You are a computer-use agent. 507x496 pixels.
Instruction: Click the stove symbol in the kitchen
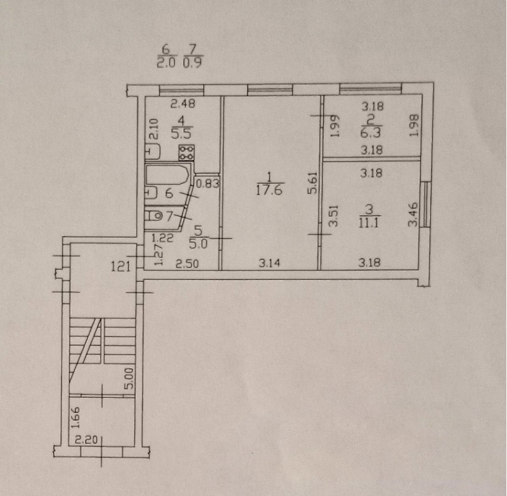[x=186, y=152]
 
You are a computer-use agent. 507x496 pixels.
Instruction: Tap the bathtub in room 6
[x=167, y=175]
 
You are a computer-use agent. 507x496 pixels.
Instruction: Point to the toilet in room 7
[x=153, y=215]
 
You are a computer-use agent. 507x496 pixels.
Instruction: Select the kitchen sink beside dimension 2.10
[x=153, y=152]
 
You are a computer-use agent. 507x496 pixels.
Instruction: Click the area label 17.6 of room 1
[x=269, y=190]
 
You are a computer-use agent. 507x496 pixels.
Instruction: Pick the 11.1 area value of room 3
[x=369, y=222]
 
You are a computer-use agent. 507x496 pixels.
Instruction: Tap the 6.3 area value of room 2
[x=371, y=132]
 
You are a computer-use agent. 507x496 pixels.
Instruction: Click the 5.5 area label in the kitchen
[x=181, y=133]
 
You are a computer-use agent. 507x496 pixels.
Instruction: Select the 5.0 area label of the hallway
[x=198, y=244]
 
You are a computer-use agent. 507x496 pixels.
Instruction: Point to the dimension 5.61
[x=312, y=183]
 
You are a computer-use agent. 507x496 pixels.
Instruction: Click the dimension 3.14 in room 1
[x=269, y=263]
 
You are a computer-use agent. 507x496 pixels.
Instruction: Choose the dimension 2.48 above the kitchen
[x=183, y=104]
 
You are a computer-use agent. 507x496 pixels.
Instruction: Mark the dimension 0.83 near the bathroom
[x=208, y=183]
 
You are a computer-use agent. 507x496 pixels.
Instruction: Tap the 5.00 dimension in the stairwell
[x=129, y=378]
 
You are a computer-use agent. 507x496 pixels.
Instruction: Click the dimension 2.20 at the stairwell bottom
[x=86, y=440]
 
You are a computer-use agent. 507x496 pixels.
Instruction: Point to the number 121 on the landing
[x=120, y=266]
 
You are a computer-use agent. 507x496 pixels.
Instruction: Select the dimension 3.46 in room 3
[x=413, y=214]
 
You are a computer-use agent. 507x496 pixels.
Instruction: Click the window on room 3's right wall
[x=427, y=204]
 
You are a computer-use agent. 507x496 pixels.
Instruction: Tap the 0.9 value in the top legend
[x=193, y=62]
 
